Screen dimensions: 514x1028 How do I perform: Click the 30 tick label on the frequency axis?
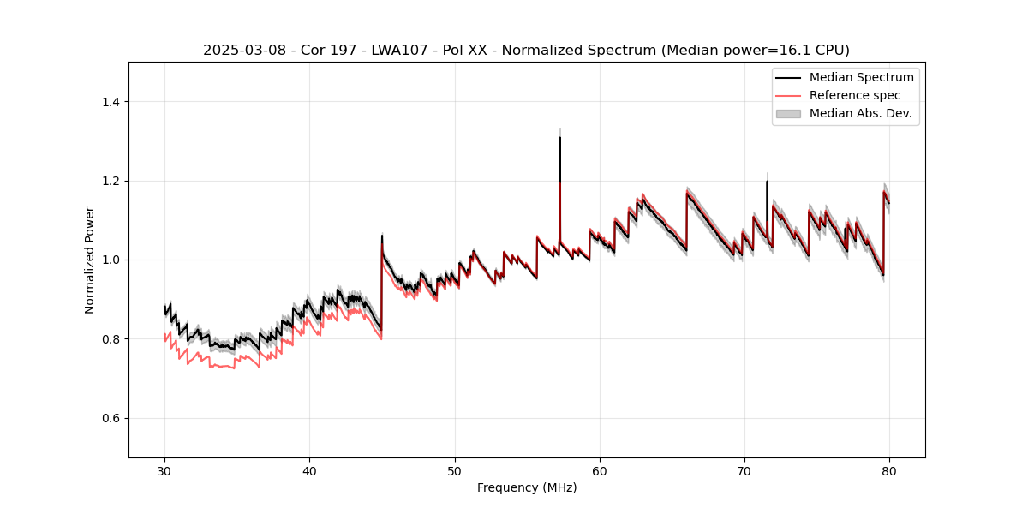(164, 470)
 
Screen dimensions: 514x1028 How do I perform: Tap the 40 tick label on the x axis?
(309, 470)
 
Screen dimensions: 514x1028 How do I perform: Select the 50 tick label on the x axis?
(455, 470)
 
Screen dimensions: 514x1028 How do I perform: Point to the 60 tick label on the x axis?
(600, 470)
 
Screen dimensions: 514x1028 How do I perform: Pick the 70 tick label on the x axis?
(744, 470)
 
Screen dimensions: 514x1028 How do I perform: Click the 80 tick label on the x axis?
(889, 470)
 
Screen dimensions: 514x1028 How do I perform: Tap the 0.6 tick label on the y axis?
(111, 418)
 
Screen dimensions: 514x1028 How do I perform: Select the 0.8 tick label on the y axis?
(111, 339)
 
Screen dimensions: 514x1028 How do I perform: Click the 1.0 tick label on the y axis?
(111, 260)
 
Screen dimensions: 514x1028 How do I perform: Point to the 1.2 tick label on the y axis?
(111, 181)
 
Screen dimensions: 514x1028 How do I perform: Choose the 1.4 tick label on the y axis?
(111, 102)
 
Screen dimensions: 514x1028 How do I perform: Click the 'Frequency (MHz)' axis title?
(527, 487)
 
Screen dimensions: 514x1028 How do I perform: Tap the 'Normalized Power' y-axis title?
(90, 260)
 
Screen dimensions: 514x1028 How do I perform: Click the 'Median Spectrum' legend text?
(861, 77)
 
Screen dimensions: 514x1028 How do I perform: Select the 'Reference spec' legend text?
(855, 95)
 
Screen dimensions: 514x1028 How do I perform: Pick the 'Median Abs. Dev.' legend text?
(861, 113)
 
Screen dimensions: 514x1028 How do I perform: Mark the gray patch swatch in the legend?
(788, 113)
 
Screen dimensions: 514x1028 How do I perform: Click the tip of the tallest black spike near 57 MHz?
(559, 137)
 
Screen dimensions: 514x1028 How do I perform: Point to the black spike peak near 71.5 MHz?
(767, 182)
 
